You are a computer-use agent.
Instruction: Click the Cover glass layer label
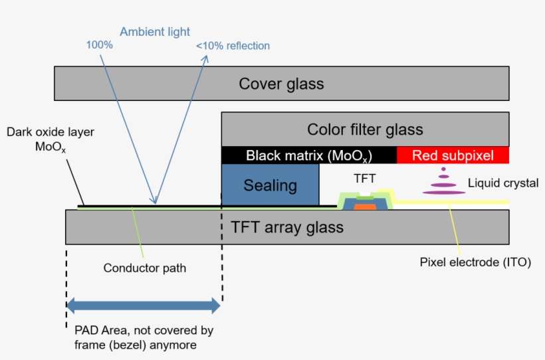(281, 84)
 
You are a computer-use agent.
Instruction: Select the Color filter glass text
(365, 129)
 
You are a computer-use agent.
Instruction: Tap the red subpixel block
(453, 155)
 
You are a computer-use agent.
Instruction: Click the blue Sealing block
(270, 185)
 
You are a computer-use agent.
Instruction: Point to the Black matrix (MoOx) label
(308, 156)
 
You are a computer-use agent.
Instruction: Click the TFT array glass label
(287, 227)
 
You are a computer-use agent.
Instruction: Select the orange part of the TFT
(364, 207)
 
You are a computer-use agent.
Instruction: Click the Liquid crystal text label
(503, 183)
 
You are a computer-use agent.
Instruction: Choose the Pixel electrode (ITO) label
(475, 262)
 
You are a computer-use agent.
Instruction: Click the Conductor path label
(145, 268)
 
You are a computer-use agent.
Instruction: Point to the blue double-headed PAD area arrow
(143, 306)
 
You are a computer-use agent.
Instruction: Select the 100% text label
(99, 45)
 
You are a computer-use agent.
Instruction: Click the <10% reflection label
(233, 46)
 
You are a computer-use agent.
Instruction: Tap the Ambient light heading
(155, 31)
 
